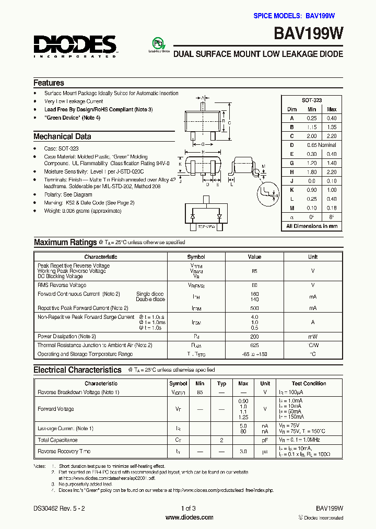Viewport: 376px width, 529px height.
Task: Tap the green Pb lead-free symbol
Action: coord(157,43)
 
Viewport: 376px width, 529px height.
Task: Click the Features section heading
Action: coord(49,83)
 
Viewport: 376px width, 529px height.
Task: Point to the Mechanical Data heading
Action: coord(62,136)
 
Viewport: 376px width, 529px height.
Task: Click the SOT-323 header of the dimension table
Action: coord(312,100)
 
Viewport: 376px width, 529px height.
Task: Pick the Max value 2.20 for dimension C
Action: coord(332,136)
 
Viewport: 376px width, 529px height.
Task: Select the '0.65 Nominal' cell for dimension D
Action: coord(321,145)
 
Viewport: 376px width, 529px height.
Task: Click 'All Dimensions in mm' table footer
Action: coord(312,226)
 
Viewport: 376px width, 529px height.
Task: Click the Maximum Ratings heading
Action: coord(65,242)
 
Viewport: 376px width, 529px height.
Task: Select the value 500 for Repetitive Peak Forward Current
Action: coord(254,308)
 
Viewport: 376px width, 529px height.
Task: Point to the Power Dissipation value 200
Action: coord(254,337)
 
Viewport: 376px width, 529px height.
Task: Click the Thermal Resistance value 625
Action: coord(254,346)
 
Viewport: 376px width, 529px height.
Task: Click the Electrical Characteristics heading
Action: coord(77,370)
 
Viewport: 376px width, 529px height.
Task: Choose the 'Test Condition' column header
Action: coord(309,384)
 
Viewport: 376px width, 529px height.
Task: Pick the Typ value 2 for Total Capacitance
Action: coord(221,440)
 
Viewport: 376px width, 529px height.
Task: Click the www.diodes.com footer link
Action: coord(189,517)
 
